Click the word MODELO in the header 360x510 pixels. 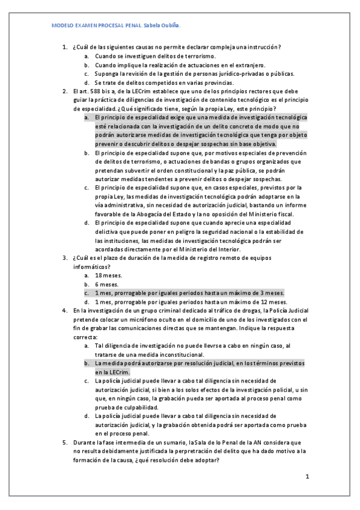pos(62,26)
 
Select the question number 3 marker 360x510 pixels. pos(65,257)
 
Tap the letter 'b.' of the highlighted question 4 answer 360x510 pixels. pos(87,364)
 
